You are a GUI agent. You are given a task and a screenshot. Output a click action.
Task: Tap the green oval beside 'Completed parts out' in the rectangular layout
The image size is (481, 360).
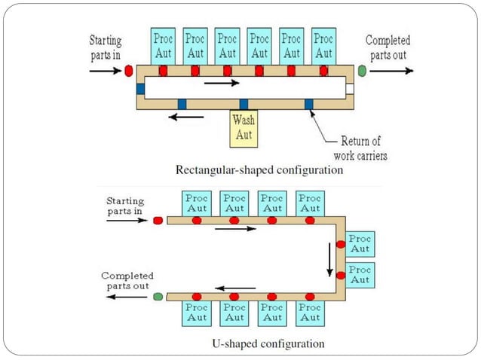click(362, 71)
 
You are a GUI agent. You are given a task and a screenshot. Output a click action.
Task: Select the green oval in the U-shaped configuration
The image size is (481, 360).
click(158, 297)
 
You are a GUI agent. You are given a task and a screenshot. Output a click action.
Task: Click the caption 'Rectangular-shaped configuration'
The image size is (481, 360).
click(259, 170)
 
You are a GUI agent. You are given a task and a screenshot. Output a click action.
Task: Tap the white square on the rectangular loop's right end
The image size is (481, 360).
click(349, 89)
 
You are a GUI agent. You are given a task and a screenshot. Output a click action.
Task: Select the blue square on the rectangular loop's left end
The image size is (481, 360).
click(141, 89)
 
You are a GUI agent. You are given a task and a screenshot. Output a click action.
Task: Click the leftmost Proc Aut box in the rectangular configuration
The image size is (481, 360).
click(163, 46)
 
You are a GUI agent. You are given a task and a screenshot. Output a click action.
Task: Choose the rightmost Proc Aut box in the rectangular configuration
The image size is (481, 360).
click(323, 46)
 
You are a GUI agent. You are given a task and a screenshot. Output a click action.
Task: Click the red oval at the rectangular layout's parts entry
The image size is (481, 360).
click(128, 71)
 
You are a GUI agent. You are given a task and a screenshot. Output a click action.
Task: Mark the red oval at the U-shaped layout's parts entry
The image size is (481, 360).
click(158, 221)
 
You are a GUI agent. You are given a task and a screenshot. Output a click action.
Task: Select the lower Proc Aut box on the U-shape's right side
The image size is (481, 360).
click(360, 275)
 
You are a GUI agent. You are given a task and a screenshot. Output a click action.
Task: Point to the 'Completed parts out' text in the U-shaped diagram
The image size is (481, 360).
click(127, 280)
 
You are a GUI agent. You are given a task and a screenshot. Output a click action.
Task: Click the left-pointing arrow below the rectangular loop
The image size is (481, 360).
click(185, 117)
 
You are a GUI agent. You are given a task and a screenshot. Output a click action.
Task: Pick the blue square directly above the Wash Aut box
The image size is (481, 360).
click(244, 104)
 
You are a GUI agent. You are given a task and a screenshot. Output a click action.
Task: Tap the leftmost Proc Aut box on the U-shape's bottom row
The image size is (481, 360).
click(197, 313)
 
